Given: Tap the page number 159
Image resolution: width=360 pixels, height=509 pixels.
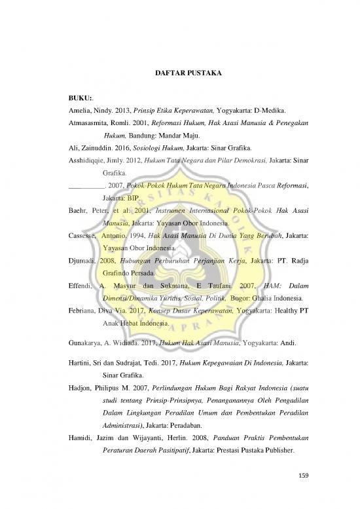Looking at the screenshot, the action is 301,474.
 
